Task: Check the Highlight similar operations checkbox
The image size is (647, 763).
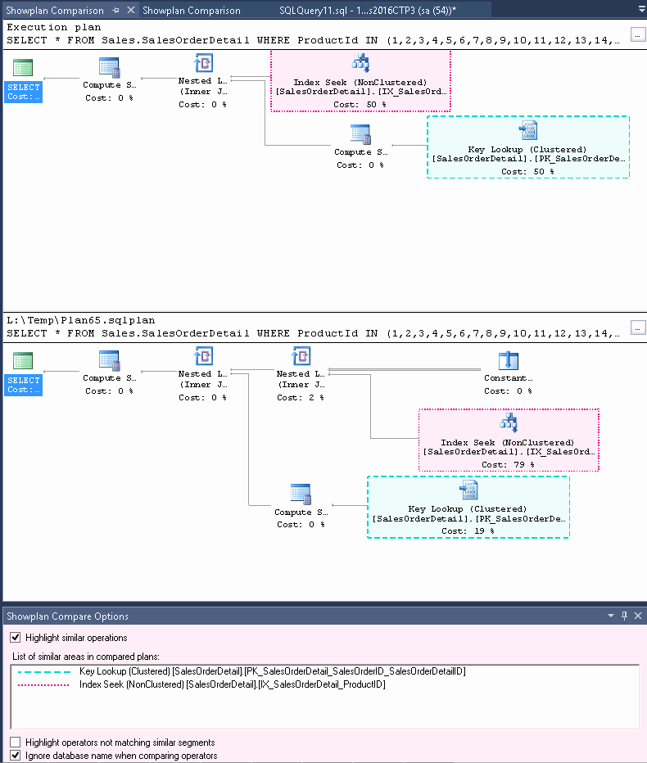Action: [15, 638]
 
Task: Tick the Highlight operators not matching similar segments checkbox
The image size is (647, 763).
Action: [15, 743]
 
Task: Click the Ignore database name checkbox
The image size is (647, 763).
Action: [15, 756]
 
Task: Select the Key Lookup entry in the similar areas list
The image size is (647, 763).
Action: [273, 671]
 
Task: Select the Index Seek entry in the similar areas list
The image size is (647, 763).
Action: [232, 684]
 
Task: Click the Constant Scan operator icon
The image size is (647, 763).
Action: [509, 360]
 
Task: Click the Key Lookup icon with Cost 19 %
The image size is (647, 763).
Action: [468, 490]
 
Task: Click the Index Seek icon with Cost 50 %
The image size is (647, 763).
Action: [360, 64]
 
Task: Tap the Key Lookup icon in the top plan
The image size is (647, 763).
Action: [528, 130]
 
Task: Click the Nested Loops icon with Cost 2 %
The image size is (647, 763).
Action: [301, 357]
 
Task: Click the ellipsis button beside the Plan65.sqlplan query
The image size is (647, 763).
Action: [638, 327]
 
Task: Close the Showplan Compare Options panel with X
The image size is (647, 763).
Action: [638, 616]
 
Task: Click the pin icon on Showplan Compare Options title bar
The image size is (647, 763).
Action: [624, 616]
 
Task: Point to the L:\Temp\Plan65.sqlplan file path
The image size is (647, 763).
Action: [80, 320]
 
